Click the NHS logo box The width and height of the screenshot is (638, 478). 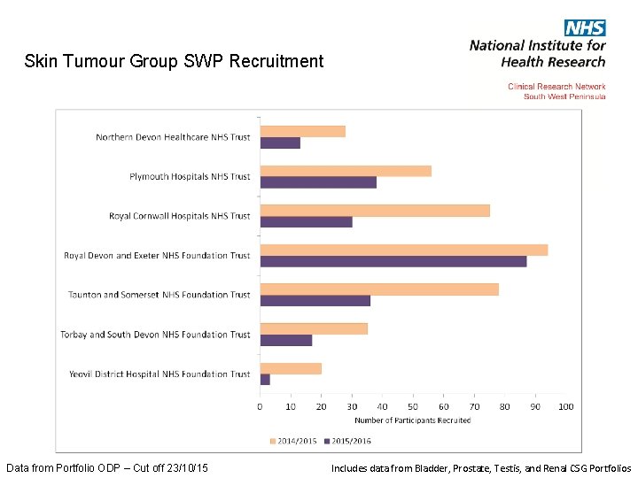tap(584, 27)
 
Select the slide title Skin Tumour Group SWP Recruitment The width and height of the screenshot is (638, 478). tap(175, 61)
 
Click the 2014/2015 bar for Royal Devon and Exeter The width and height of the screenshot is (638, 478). tap(403, 250)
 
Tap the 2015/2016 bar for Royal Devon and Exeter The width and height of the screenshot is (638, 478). tap(393, 261)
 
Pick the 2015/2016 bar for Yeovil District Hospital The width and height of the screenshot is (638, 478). tap(265, 380)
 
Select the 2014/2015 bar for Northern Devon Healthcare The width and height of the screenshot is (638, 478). tap(302, 131)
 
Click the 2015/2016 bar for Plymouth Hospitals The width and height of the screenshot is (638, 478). tap(318, 182)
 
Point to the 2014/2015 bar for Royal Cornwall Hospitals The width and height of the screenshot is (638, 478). tap(374, 211)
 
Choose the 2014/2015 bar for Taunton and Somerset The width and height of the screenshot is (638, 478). tap(378, 289)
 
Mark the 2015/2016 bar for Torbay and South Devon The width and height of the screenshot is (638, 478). tap(285, 340)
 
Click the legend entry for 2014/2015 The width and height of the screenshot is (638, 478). tap(293, 440)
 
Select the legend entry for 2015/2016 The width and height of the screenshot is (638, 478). tap(348, 440)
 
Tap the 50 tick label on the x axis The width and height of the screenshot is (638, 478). tap(413, 407)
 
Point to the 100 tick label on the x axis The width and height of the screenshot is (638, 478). tap(565, 407)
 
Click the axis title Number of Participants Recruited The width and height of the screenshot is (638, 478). tap(412, 420)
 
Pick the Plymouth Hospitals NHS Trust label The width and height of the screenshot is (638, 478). tap(190, 177)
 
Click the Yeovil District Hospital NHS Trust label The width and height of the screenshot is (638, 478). tap(159, 374)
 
